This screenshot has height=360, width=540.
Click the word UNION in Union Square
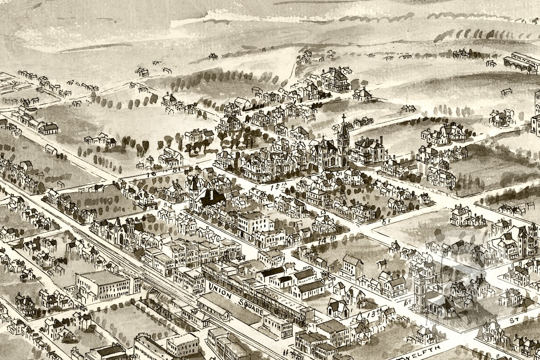pyautogui.click(x=218, y=290)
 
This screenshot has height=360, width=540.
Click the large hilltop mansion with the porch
pyautogui.click(x=335, y=79)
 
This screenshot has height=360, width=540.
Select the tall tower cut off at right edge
pyautogui.click(x=536, y=114)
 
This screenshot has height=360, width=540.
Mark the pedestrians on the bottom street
pyautogui.click(x=285, y=353)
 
